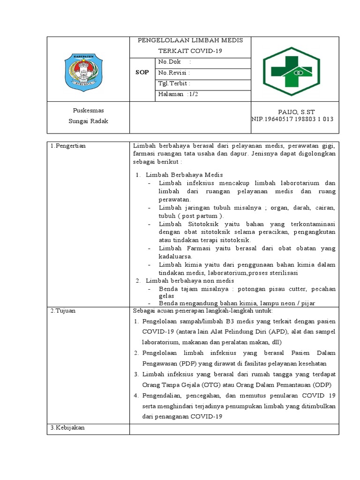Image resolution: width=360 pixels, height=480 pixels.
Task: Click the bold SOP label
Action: coord(142,73)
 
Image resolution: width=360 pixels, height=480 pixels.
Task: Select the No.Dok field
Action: coord(174,62)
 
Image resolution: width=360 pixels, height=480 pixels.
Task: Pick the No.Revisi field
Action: coord(174,73)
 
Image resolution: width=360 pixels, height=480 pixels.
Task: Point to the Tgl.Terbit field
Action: coord(174,84)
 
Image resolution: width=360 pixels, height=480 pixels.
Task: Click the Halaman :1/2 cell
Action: coord(179,95)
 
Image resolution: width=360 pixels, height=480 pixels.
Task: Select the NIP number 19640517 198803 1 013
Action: coord(292,119)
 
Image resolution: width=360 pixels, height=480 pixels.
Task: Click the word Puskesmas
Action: coord(88,111)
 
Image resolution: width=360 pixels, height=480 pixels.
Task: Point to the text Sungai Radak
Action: coord(88,121)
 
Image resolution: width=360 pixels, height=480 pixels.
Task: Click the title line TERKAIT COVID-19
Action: coord(190,51)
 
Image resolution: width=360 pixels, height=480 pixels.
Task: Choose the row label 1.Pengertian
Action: coord(68,146)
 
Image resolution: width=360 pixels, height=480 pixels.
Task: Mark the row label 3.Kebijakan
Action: coord(67,428)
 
